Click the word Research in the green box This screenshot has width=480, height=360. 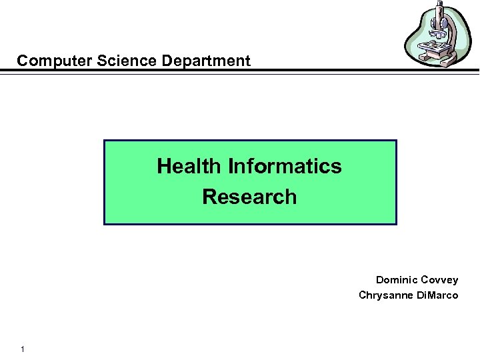[249, 197]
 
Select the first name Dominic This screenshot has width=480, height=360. [396, 280]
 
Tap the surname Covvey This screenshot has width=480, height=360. [439, 280]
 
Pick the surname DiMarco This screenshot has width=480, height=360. [437, 295]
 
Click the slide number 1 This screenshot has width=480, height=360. [23, 349]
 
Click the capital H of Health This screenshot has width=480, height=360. [163, 166]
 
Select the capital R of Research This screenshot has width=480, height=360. [209, 197]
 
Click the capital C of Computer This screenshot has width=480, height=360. [23, 61]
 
